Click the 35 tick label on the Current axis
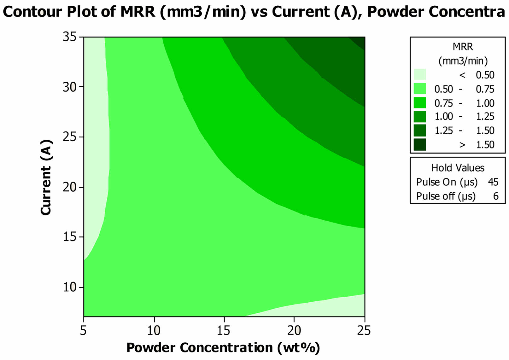[69, 37]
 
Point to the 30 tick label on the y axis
[69, 87]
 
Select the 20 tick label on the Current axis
[69, 187]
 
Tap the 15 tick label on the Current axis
[69, 237]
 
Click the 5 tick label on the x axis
[83, 330]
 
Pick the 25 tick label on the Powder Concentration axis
[364, 330]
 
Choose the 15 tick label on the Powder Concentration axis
[224, 330]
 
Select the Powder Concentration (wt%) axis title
[223, 348]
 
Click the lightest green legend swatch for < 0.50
[420, 74]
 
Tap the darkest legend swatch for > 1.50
[420, 145]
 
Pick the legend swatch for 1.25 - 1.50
[420, 131]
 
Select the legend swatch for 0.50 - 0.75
[420, 89]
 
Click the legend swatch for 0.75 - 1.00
[420, 103]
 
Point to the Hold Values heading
[458, 168]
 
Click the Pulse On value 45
[493, 182]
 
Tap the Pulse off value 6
[496, 196]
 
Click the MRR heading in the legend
[463, 47]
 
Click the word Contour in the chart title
[32, 12]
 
